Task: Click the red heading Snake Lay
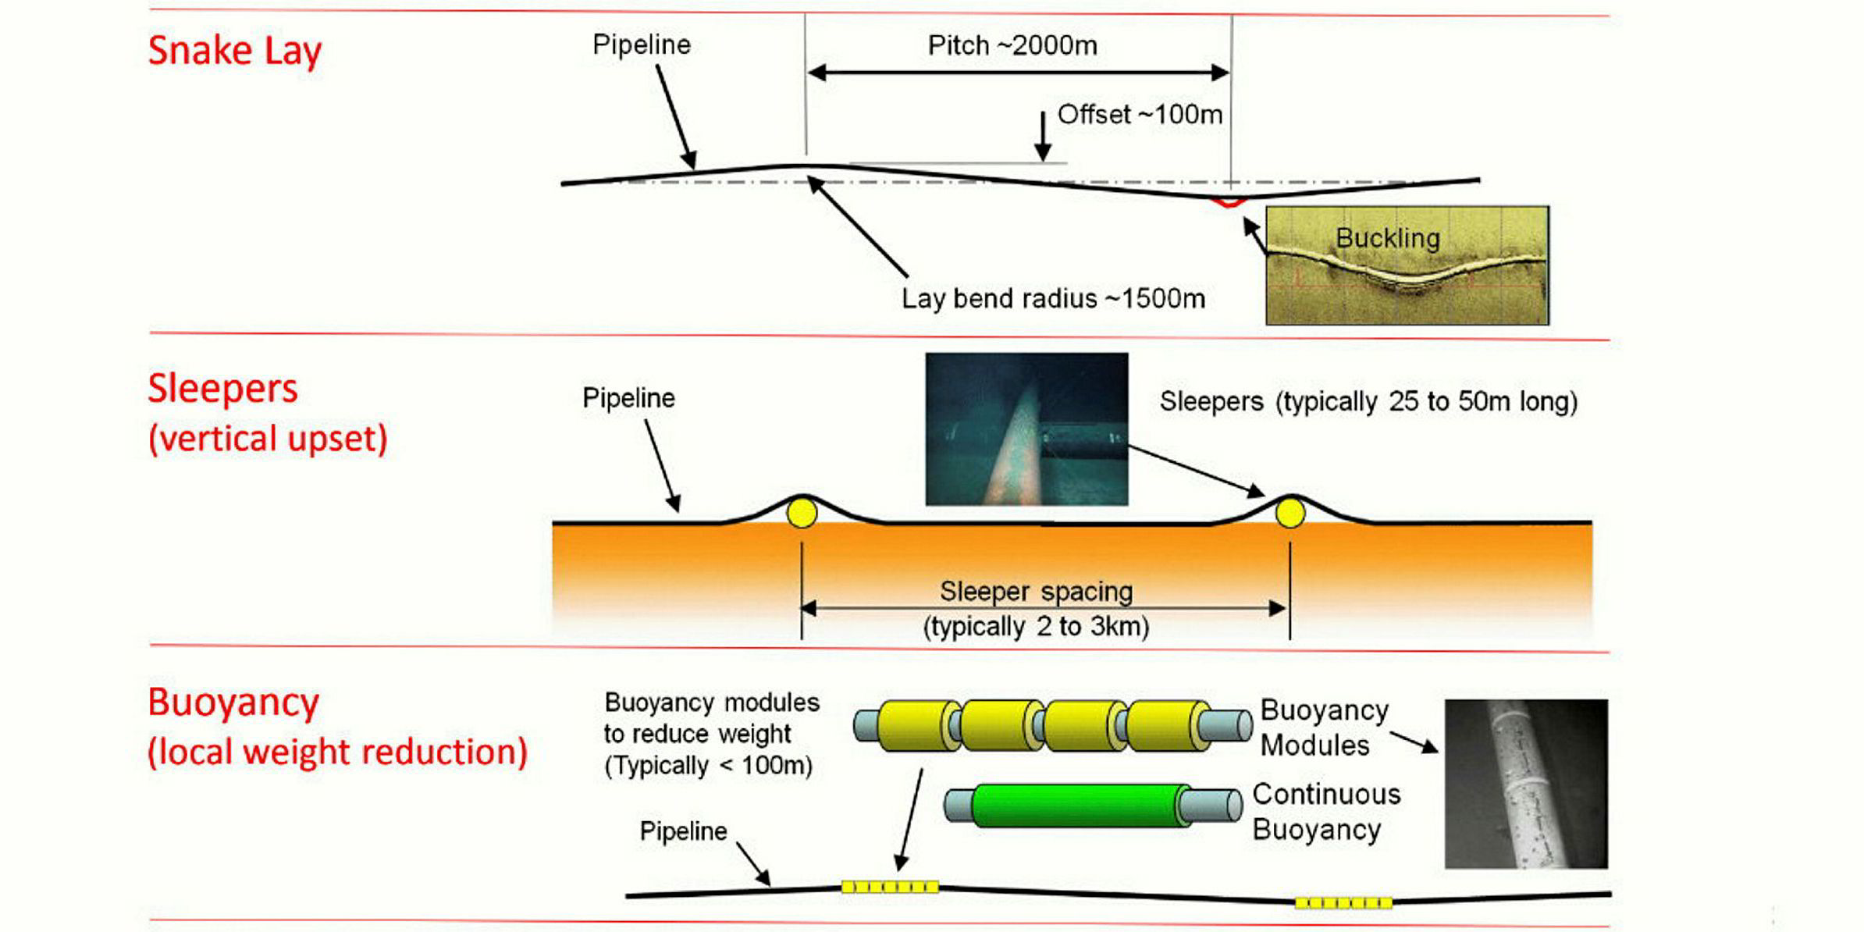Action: [x=234, y=52]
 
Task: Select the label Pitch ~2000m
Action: [x=1012, y=45]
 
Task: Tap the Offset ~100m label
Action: [x=1139, y=115]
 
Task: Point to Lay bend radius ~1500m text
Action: [x=1053, y=298]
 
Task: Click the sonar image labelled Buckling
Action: [x=1407, y=265]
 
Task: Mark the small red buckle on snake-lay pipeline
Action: [x=1229, y=203]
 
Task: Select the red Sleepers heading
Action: [x=223, y=389]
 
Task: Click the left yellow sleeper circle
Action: [x=802, y=514]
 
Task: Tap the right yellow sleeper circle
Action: [x=1290, y=514]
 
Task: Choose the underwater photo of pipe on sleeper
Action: [x=1026, y=429]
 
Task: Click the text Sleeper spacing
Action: [x=1036, y=591]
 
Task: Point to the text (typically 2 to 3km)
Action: [x=1036, y=627]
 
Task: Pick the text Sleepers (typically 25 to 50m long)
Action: [x=1368, y=401]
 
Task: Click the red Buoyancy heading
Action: [x=233, y=703]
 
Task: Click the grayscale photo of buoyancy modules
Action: [x=1526, y=784]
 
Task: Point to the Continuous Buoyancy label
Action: [x=1325, y=812]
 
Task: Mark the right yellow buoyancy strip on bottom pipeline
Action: [x=1343, y=903]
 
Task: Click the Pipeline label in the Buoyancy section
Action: [x=683, y=831]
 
